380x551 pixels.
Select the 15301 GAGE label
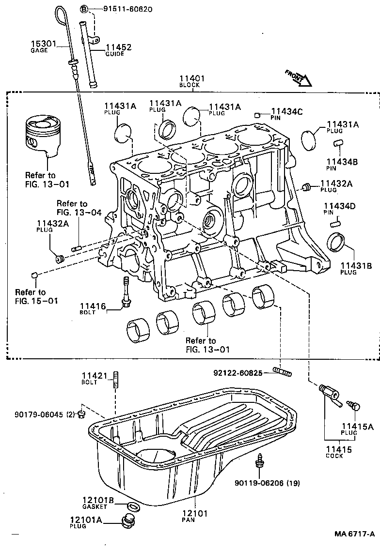[x=42, y=46]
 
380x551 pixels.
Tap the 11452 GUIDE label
[x=119, y=50]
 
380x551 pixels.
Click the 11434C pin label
[x=286, y=114]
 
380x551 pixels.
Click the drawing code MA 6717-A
[x=354, y=534]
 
